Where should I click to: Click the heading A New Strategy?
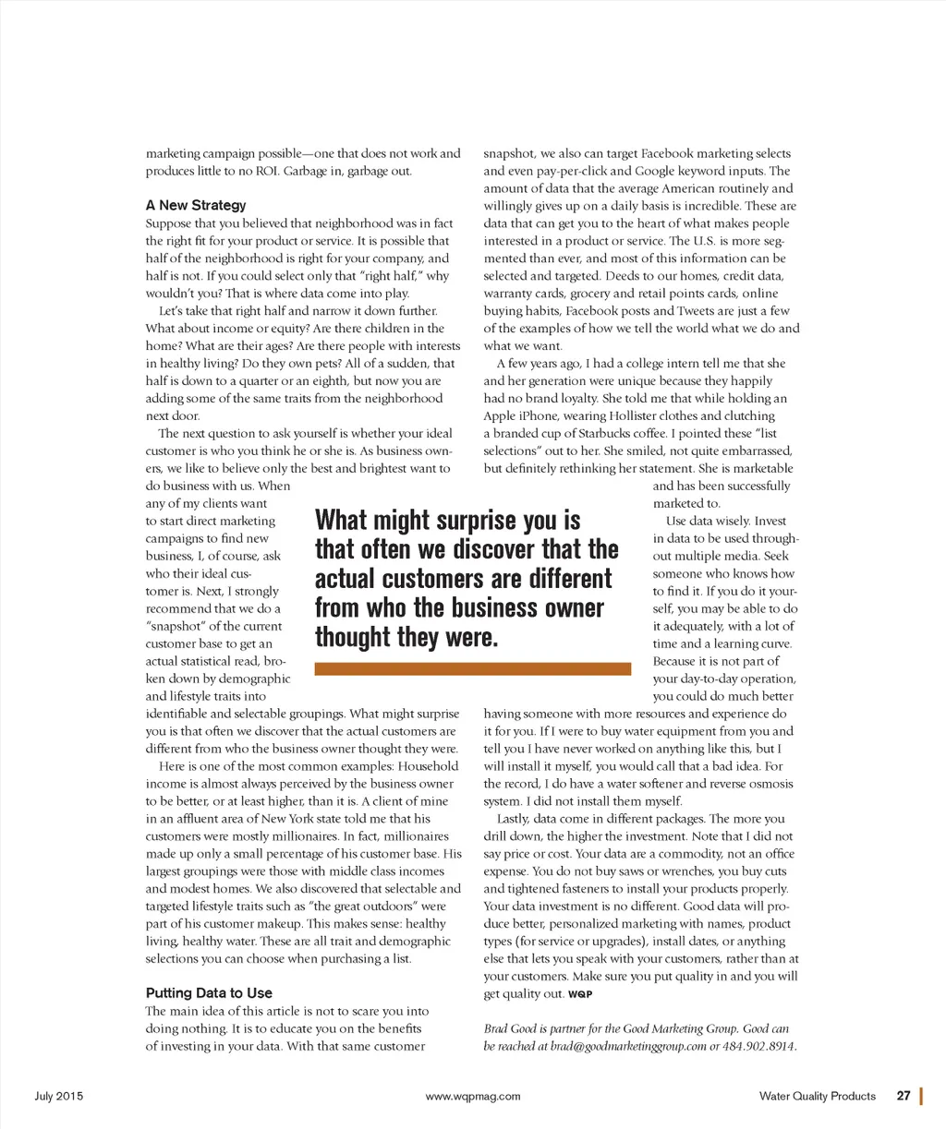coord(196,205)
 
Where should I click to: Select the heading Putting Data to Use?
coord(209,993)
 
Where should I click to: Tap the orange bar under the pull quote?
coord(472,668)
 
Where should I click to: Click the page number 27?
coord(904,1097)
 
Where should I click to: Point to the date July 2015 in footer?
coord(59,1097)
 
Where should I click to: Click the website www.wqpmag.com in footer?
coord(473,1097)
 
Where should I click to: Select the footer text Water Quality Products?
coord(817,1097)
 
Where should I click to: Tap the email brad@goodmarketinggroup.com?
coord(628,1047)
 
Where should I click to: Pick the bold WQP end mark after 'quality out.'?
coord(580,995)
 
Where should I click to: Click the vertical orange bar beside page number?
coord(922,1097)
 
